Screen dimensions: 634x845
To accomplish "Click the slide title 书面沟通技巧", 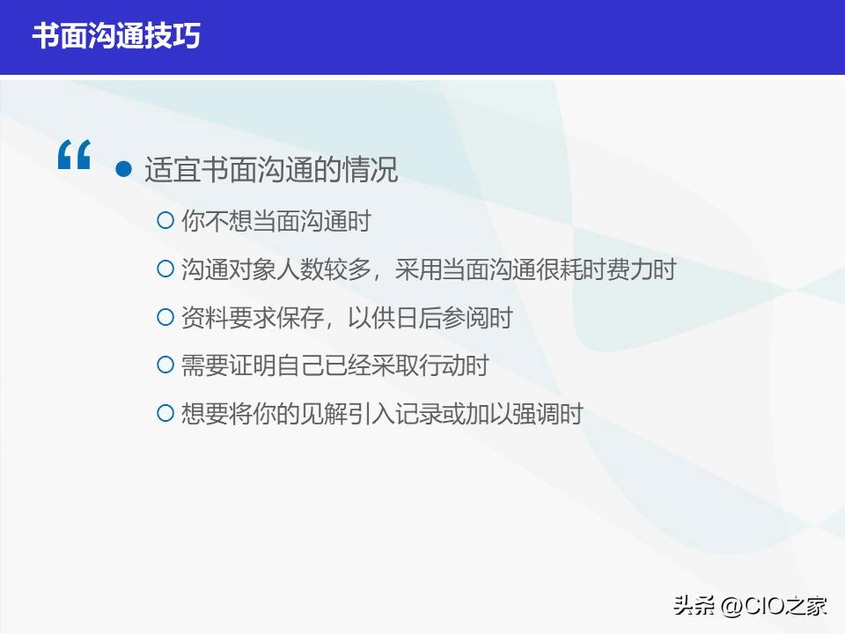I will tap(117, 36).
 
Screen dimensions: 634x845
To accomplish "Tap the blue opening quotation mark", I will tap(74, 156).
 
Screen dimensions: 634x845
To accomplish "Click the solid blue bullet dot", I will tap(124, 168).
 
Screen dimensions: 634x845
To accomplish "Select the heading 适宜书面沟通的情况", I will tap(271, 169).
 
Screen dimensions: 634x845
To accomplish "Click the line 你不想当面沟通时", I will tap(276, 221).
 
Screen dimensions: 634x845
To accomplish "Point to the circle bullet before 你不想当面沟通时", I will tap(165, 220).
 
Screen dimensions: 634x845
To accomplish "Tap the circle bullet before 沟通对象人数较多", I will tap(165, 269).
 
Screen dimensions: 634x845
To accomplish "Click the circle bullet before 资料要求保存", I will tap(165, 317).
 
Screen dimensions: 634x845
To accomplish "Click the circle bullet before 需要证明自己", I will tap(165, 365).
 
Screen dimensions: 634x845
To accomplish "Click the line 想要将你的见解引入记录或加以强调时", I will tap(382, 413).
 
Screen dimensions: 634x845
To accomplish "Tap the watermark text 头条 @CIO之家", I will tap(750, 606).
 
